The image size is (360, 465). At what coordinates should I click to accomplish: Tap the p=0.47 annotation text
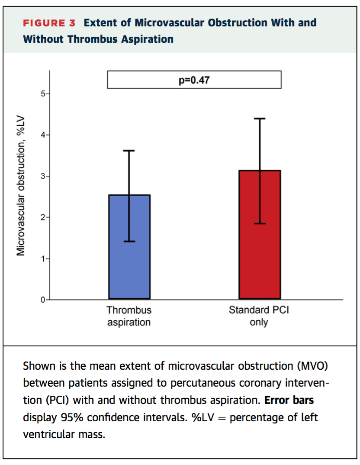194,80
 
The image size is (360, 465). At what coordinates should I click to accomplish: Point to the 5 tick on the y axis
43,94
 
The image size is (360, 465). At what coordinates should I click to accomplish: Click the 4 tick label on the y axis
43,135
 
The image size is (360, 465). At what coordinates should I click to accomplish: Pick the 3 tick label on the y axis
43,176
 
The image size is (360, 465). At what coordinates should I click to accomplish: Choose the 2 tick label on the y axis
43,217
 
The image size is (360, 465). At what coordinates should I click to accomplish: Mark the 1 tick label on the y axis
43,258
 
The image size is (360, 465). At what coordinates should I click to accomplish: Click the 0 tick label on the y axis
43,300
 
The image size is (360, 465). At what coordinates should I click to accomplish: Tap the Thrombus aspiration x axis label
129,316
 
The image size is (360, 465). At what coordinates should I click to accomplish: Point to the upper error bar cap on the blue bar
129,151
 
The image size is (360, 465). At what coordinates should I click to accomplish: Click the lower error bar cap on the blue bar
129,241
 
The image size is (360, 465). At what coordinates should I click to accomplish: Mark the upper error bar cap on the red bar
260,118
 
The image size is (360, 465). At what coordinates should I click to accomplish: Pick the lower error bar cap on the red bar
260,223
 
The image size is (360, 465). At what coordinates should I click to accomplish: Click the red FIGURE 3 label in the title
49,23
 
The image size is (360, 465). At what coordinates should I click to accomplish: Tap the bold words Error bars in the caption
289,400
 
